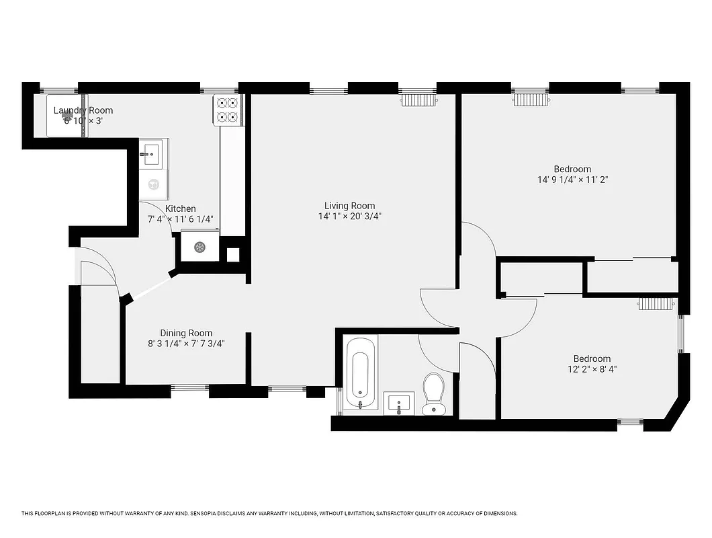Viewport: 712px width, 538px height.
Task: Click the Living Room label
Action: (349, 206)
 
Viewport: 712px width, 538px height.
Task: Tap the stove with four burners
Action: (227, 110)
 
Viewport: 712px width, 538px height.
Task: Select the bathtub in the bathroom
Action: (358, 373)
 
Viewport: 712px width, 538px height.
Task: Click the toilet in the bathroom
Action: (434, 394)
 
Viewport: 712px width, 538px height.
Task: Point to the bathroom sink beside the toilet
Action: (399, 403)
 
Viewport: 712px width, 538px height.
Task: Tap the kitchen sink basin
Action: (150, 153)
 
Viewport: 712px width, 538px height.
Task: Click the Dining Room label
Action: (186, 333)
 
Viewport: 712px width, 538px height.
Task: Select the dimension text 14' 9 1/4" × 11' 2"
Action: (572, 180)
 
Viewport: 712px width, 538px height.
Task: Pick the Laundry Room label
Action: (83, 110)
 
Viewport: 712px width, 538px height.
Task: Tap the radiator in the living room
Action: (419, 100)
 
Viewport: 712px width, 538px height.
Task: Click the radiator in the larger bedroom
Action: (532, 100)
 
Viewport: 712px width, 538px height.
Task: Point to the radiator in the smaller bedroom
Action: (655, 304)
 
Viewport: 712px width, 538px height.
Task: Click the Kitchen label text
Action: (181, 208)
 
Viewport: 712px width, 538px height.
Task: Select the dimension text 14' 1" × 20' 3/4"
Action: (349, 217)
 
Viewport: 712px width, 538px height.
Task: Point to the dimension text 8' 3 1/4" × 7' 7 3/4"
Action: (186, 343)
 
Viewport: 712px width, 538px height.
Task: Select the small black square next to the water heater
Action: (232, 255)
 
